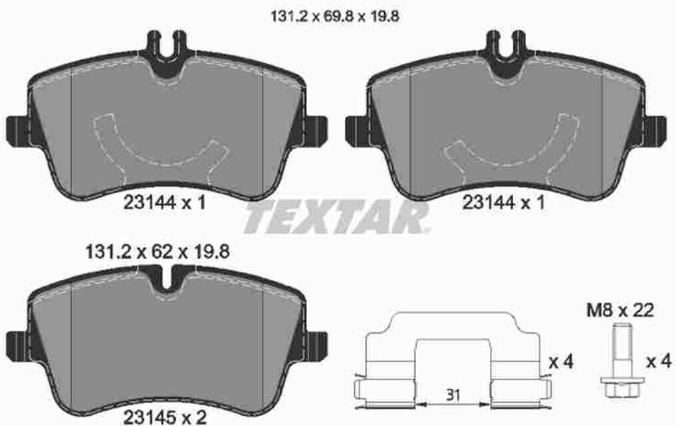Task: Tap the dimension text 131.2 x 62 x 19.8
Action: (x=158, y=252)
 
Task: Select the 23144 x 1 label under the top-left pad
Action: (x=164, y=204)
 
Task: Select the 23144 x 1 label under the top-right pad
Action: (x=503, y=204)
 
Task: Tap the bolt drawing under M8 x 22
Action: (x=618, y=362)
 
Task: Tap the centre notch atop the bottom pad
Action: (x=166, y=276)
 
